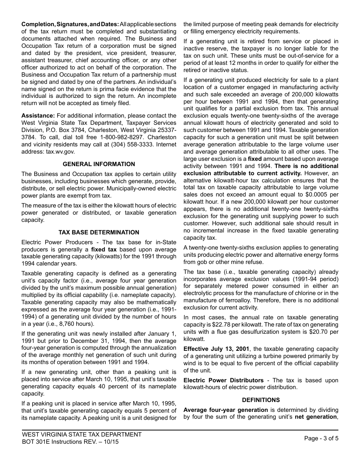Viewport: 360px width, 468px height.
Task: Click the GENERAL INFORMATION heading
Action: [99, 164]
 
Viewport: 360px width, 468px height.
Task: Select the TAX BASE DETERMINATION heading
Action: [99, 232]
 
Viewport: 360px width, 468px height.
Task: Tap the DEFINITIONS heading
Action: [261, 400]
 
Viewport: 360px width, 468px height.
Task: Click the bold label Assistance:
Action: [38, 116]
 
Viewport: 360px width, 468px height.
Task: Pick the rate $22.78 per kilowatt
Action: [230, 325]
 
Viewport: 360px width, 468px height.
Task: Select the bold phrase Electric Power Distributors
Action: [223, 380]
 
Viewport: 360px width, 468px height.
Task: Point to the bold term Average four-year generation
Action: [226, 410]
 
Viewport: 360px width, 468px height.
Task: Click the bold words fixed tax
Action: [104, 250]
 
